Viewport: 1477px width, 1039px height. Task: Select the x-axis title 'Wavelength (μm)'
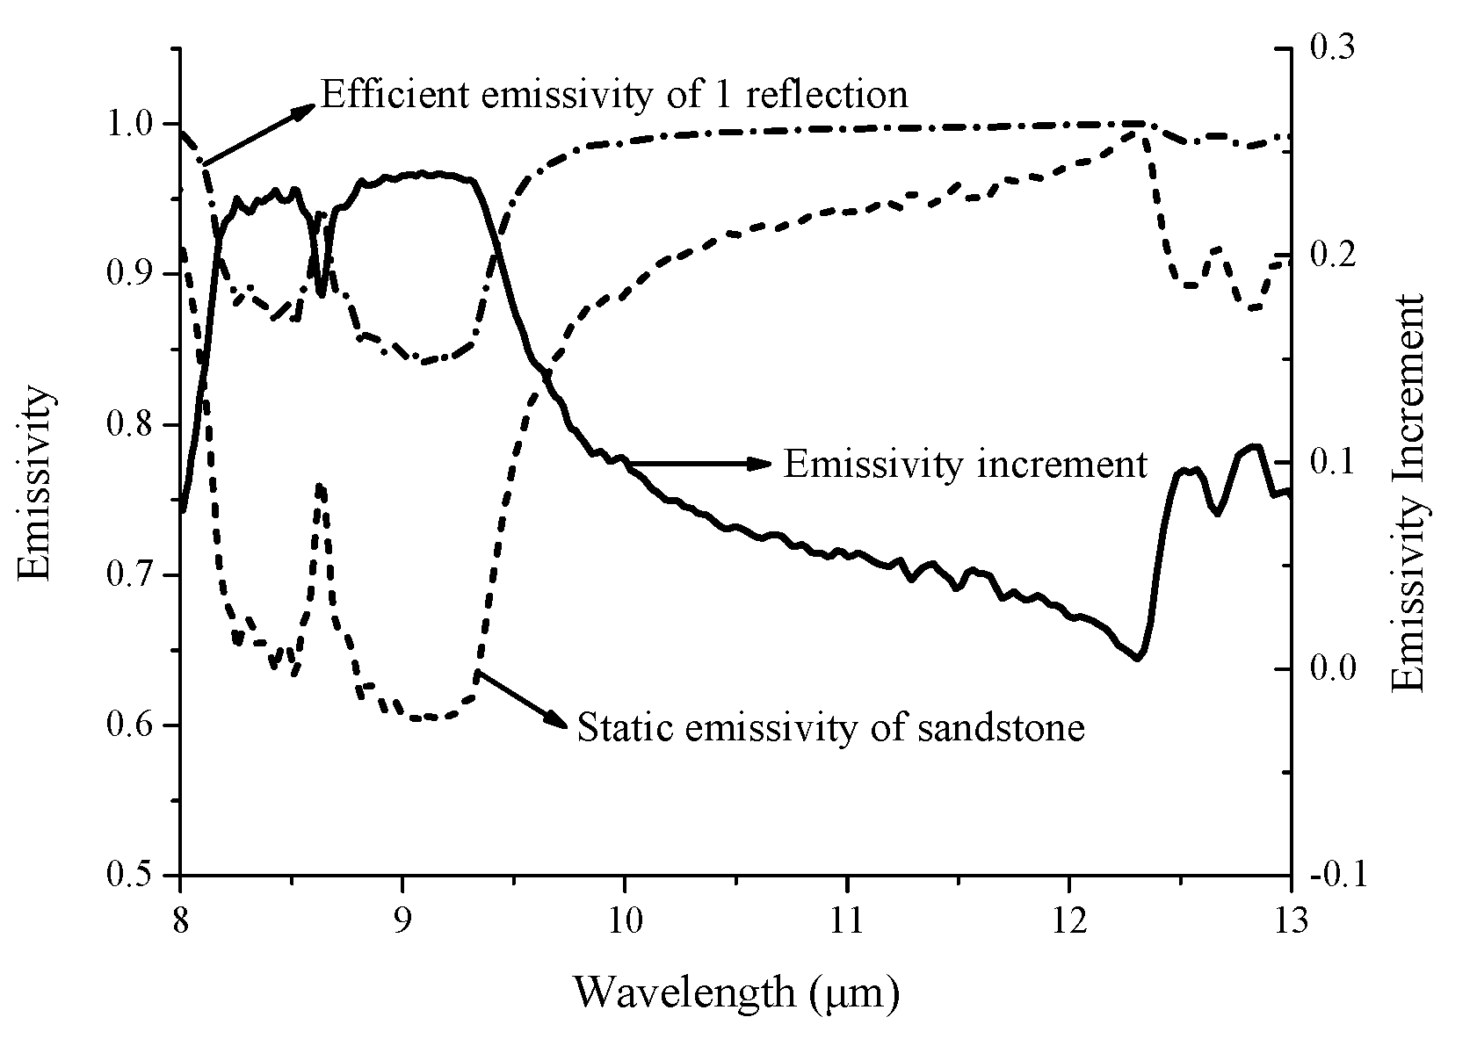(737, 992)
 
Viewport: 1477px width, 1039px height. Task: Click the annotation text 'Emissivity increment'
(965, 465)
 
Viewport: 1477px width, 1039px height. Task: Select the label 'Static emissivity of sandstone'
(830, 728)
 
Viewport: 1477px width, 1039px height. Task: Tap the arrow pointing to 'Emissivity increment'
(694, 463)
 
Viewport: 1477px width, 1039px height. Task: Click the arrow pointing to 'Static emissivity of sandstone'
(522, 699)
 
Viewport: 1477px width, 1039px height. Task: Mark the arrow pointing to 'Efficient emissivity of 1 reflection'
(258, 134)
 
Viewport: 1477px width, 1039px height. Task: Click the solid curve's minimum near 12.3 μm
(1139, 658)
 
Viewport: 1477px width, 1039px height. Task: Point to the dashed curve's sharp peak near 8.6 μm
(320, 486)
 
